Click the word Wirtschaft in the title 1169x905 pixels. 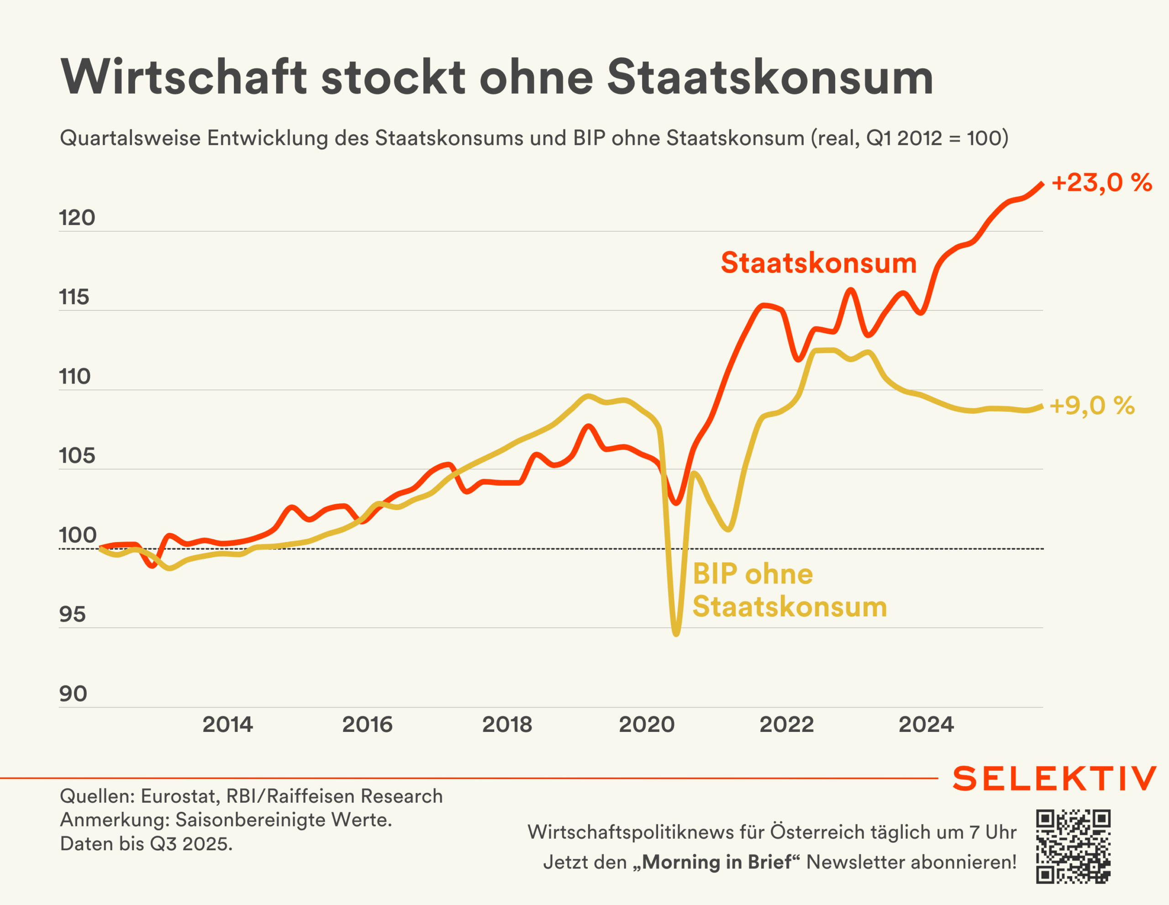tap(184, 77)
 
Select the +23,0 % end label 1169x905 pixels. tap(1101, 183)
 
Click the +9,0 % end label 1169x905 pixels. tap(1092, 405)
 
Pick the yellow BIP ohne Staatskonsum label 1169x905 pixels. tap(790, 590)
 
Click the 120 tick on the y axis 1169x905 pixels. tap(77, 218)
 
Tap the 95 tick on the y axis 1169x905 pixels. tap(72, 615)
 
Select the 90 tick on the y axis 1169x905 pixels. tap(73, 694)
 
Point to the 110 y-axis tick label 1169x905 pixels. tap(75, 377)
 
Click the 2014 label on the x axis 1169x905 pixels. tap(227, 725)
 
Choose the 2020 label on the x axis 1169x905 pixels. tap(647, 725)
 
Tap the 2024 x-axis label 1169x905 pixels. tap(926, 725)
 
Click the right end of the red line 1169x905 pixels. tap(1042, 184)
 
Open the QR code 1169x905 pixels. tap(1073, 846)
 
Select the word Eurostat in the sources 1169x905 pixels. tap(180, 796)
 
